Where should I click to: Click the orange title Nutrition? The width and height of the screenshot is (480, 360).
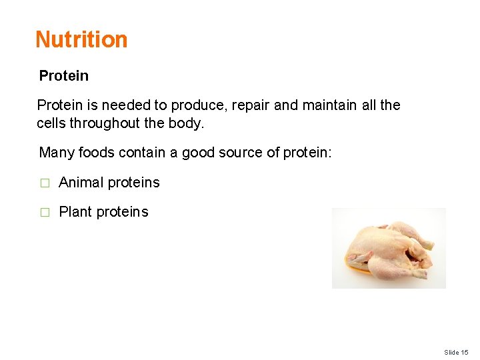click(81, 39)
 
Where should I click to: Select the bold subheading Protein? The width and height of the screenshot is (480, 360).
click(63, 76)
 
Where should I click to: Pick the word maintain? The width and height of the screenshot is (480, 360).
click(329, 105)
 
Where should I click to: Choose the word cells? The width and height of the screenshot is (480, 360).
click(51, 123)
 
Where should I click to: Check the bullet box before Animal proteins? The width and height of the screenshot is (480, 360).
click(45, 183)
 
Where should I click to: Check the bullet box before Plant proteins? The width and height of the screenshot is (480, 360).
click(45, 213)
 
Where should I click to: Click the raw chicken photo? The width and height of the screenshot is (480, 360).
click(389, 248)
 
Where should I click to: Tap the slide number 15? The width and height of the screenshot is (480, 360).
click(465, 352)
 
